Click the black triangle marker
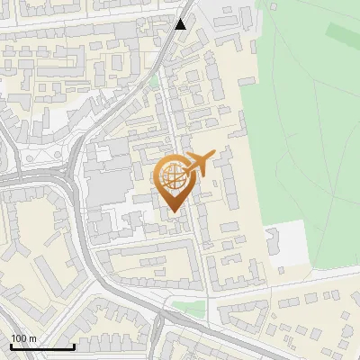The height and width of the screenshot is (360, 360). click(x=181, y=23)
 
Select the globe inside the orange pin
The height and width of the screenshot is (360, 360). click(x=175, y=178)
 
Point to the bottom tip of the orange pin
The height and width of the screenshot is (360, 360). click(x=175, y=212)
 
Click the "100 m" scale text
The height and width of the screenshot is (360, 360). click(x=24, y=338)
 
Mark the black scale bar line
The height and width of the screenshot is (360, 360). click(x=42, y=346)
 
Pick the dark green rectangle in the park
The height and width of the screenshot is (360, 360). click(x=342, y=33)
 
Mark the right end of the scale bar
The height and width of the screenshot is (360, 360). click(x=74, y=346)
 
